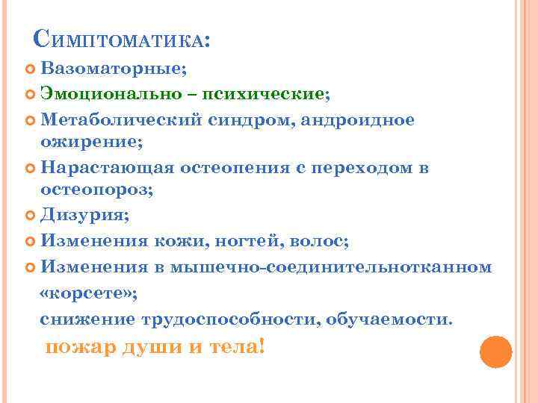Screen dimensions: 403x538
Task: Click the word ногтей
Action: pos(252,241)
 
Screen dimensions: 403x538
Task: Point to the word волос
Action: pos(321,241)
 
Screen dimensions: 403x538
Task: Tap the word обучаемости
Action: pos(389,319)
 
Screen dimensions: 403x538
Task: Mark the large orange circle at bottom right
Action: pos(495,352)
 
